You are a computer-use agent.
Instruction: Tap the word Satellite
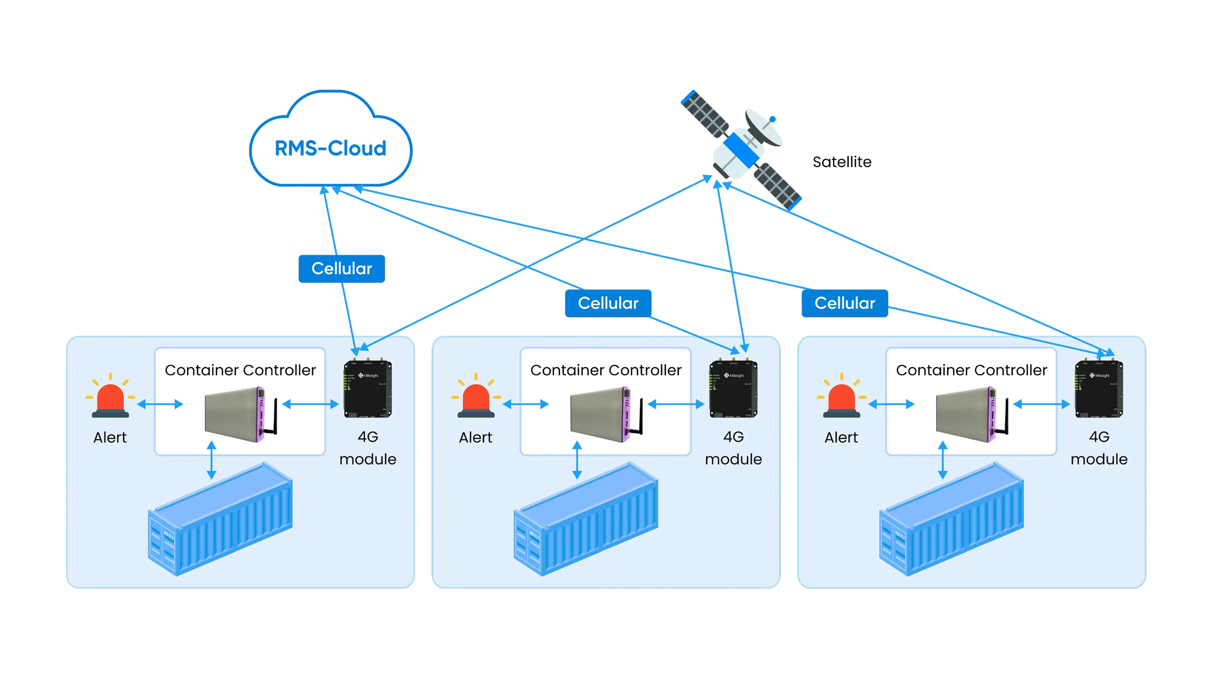click(842, 162)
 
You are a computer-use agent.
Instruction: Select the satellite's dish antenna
click(763, 127)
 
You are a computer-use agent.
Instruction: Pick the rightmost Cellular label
click(844, 303)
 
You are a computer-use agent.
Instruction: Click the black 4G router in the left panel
click(368, 388)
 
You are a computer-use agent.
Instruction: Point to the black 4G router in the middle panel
click(733, 388)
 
